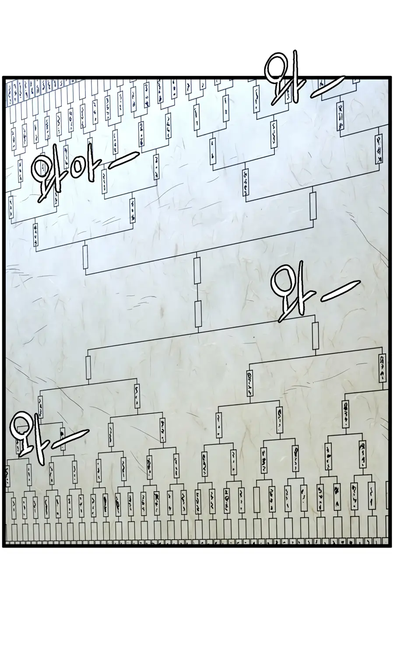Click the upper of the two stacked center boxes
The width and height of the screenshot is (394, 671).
(x=197, y=270)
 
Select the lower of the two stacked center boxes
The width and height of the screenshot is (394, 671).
(x=197, y=314)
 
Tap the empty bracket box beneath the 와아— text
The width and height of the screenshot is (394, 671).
(x=85, y=257)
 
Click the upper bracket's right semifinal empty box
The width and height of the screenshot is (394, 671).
(x=313, y=206)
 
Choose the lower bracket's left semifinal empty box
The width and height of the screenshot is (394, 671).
(x=88, y=368)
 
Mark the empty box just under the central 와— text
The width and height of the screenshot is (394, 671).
(x=315, y=336)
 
